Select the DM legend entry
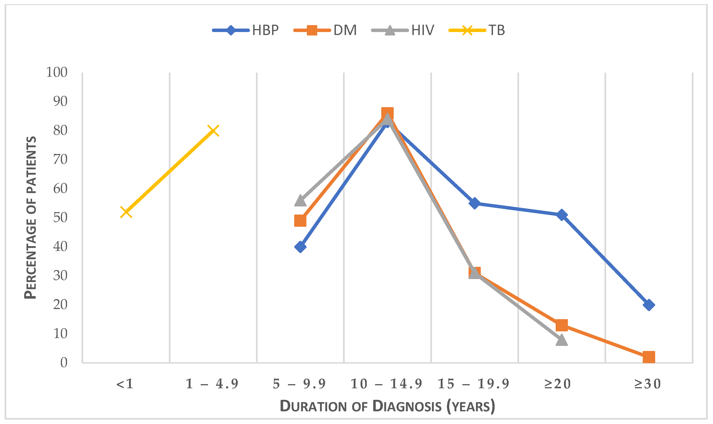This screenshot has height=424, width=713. click(x=326, y=30)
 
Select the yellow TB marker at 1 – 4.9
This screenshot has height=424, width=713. click(x=213, y=131)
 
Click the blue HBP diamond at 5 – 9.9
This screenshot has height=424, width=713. click(x=300, y=247)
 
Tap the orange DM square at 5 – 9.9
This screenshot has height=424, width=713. click(x=300, y=221)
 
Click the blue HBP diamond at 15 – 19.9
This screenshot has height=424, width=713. click(x=475, y=203)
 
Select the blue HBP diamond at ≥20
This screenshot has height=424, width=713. click(x=562, y=215)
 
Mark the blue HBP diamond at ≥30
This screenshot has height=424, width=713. click(x=649, y=305)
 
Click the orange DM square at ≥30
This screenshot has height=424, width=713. click(x=649, y=357)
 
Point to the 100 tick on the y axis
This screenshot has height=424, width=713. click(x=57, y=72)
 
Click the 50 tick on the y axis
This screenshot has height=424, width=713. click(x=60, y=218)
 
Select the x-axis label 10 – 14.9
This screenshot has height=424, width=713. click(x=386, y=384)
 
